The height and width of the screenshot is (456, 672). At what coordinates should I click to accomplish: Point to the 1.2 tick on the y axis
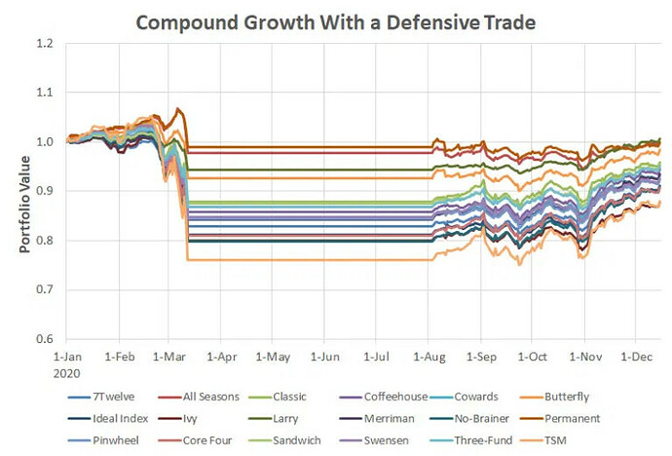[x=55, y=43]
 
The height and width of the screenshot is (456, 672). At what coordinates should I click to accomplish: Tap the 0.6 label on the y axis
[x=55, y=339]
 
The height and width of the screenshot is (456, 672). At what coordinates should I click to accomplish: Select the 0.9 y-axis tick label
[x=55, y=191]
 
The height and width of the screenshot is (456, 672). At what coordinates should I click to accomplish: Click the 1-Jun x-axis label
[x=325, y=357]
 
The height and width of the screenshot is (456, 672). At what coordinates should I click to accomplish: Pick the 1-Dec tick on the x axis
[x=634, y=357]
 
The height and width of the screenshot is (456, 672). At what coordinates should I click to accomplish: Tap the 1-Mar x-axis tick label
[x=170, y=357]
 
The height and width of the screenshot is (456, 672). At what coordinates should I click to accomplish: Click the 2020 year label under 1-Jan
[x=68, y=371]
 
